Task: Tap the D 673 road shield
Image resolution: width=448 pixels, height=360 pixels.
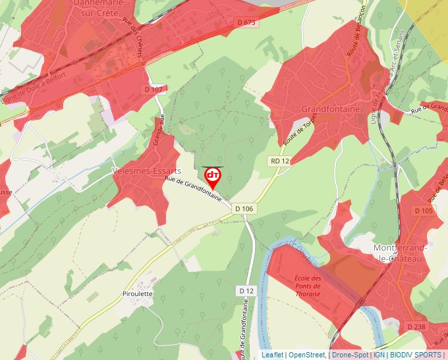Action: tap(246, 22)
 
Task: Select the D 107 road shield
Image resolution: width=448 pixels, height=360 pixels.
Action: tap(153, 89)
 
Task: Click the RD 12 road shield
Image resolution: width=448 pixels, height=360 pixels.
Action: tap(280, 161)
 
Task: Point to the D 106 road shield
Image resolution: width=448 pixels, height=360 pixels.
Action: tap(244, 209)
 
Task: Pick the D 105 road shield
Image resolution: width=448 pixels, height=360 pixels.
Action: tap(424, 211)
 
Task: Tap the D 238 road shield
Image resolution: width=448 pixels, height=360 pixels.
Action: tap(416, 326)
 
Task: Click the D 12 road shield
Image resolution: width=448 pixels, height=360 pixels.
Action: tap(246, 290)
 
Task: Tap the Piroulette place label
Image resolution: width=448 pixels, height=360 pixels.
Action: tap(138, 294)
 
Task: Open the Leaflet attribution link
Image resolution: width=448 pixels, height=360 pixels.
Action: tap(272, 355)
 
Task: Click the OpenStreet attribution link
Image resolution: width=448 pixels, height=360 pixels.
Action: tap(306, 355)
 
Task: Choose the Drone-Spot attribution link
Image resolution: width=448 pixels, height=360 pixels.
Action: tap(350, 355)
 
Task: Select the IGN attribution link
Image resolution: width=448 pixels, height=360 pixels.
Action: tap(379, 355)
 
